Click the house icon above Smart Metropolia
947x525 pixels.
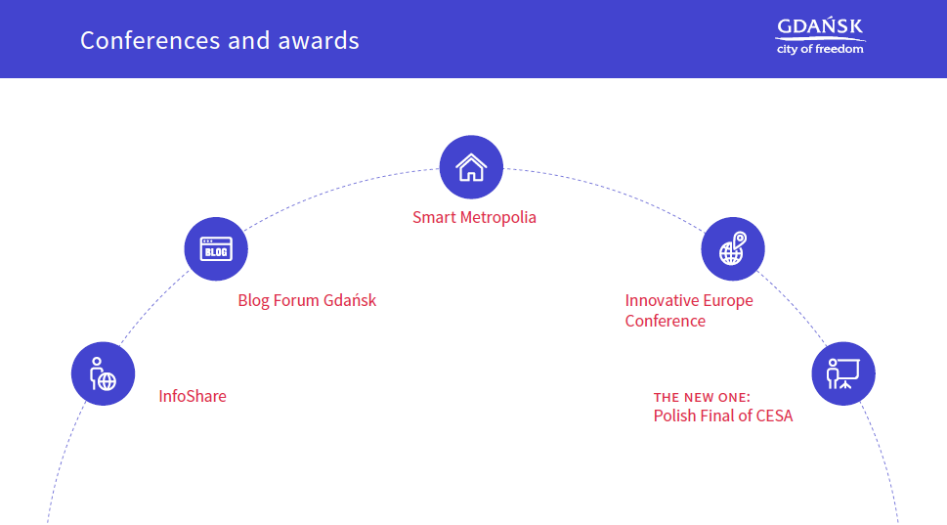pyautogui.click(x=471, y=167)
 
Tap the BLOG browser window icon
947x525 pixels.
pyautogui.click(x=216, y=249)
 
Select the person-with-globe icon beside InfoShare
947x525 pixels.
pyautogui.click(x=103, y=374)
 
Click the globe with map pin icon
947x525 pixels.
pyautogui.click(x=733, y=248)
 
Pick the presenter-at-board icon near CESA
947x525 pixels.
pyautogui.click(x=843, y=373)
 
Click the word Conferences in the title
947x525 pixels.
pyautogui.click(x=151, y=41)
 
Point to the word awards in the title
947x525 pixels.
pyautogui.click(x=319, y=41)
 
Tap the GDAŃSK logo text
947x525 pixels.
pyautogui.click(x=820, y=26)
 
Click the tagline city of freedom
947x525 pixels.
pyautogui.click(x=820, y=49)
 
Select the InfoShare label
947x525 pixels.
pyautogui.click(x=193, y=396)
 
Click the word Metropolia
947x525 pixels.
pyautogui.click(x=498, y=217)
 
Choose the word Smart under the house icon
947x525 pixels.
pyautogui.click(x=434, y=217)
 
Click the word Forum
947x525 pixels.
pyautogui.click(x=296, y=300)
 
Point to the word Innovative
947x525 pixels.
pyautogui.click(x=662, y=300)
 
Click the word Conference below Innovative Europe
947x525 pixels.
pyautogui.click(x=665, y=321)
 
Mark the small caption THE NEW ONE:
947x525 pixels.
pyautogui.click(x=702, y=398)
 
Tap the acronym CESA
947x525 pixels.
pyautogui.click(x=774, y=416)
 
